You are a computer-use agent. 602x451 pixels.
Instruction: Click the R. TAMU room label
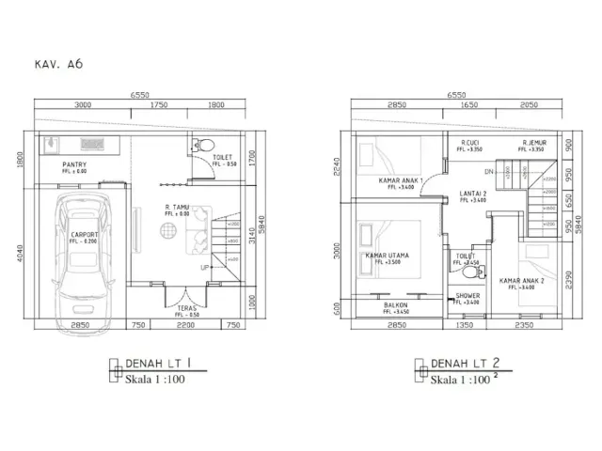pos(179,208)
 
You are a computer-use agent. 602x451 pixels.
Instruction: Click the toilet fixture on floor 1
pos(198,147)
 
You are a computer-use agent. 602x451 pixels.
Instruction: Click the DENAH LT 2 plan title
pos(464,363)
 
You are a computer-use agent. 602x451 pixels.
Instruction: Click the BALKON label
pos(395,304)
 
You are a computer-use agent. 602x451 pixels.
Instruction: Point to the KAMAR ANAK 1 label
pos(401,180)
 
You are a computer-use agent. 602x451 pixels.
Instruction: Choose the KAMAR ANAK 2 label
pos(522,280)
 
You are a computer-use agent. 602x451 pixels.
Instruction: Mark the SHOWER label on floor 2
pos(467,296)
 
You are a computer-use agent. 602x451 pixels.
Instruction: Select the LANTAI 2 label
pos(472,193)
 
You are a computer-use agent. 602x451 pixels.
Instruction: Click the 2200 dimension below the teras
pos(186,325)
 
